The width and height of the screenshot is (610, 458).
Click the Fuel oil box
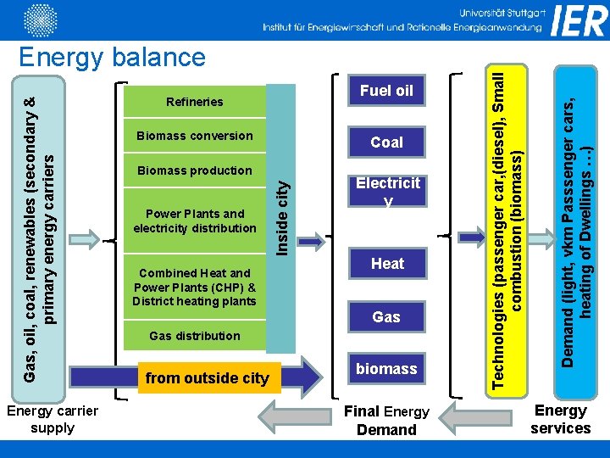tap(386, 91)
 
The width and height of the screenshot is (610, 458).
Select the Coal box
tap(386, 142)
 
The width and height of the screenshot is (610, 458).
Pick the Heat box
tap(387, 264)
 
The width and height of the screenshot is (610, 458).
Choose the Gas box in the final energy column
tap(386, 316)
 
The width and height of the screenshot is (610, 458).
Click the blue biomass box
tap(386, 369)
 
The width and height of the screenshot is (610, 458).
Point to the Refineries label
tap(194, 102)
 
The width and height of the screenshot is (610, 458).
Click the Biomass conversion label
tap(194, 136)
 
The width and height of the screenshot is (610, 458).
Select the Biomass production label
tap(194, 170)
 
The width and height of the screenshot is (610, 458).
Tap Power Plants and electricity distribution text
tap(194, 221)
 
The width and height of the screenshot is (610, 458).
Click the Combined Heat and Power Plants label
tap(194, 287)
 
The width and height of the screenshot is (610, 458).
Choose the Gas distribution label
tap(194, 336)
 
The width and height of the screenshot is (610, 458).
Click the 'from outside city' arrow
tap(220, 377)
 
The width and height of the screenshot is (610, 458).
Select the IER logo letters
tap(579, 20)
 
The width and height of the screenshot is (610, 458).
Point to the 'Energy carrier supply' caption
tap(53, 419)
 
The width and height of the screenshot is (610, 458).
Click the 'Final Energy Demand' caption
tap(386, 421)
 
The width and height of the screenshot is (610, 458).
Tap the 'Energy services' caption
tap(560, 419)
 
